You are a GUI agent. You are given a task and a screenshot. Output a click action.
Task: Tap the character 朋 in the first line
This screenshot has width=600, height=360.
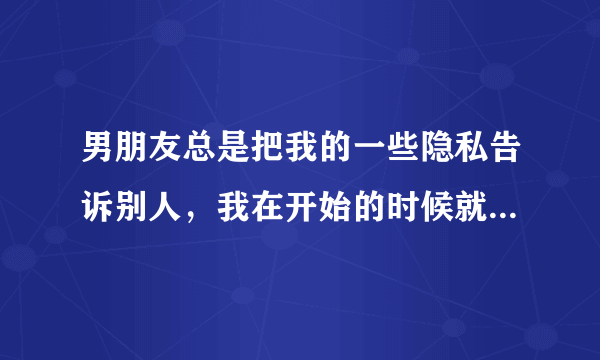127,160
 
